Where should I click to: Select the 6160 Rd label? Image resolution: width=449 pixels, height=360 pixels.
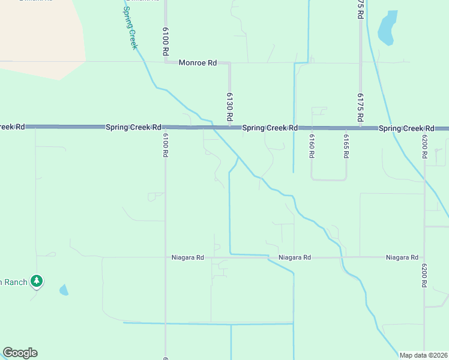tap(312, 145)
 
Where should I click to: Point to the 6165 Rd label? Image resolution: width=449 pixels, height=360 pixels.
tap(346, 145)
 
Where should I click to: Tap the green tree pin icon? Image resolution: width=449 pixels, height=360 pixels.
tap(37, 280)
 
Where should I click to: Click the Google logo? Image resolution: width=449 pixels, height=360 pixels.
tap(20, 353)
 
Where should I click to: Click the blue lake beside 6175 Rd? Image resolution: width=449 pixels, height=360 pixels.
tap(387, 28)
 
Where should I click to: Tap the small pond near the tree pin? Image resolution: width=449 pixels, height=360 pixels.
tap(64, 290)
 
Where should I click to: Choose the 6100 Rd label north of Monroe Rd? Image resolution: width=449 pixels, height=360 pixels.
tap(165, 41)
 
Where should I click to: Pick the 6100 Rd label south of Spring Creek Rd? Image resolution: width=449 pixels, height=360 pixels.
tap(165, 145)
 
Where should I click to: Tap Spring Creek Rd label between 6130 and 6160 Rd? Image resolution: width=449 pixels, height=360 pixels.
tap(270, 128)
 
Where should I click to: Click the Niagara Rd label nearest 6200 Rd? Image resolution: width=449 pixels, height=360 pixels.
tap(402, 257)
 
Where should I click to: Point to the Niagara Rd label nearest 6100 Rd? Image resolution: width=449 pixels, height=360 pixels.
tap(187, 257)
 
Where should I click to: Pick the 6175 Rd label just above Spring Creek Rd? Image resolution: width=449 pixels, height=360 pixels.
tap(360, 107)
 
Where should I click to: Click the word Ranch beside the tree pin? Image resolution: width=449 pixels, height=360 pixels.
tap(15, 281)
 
